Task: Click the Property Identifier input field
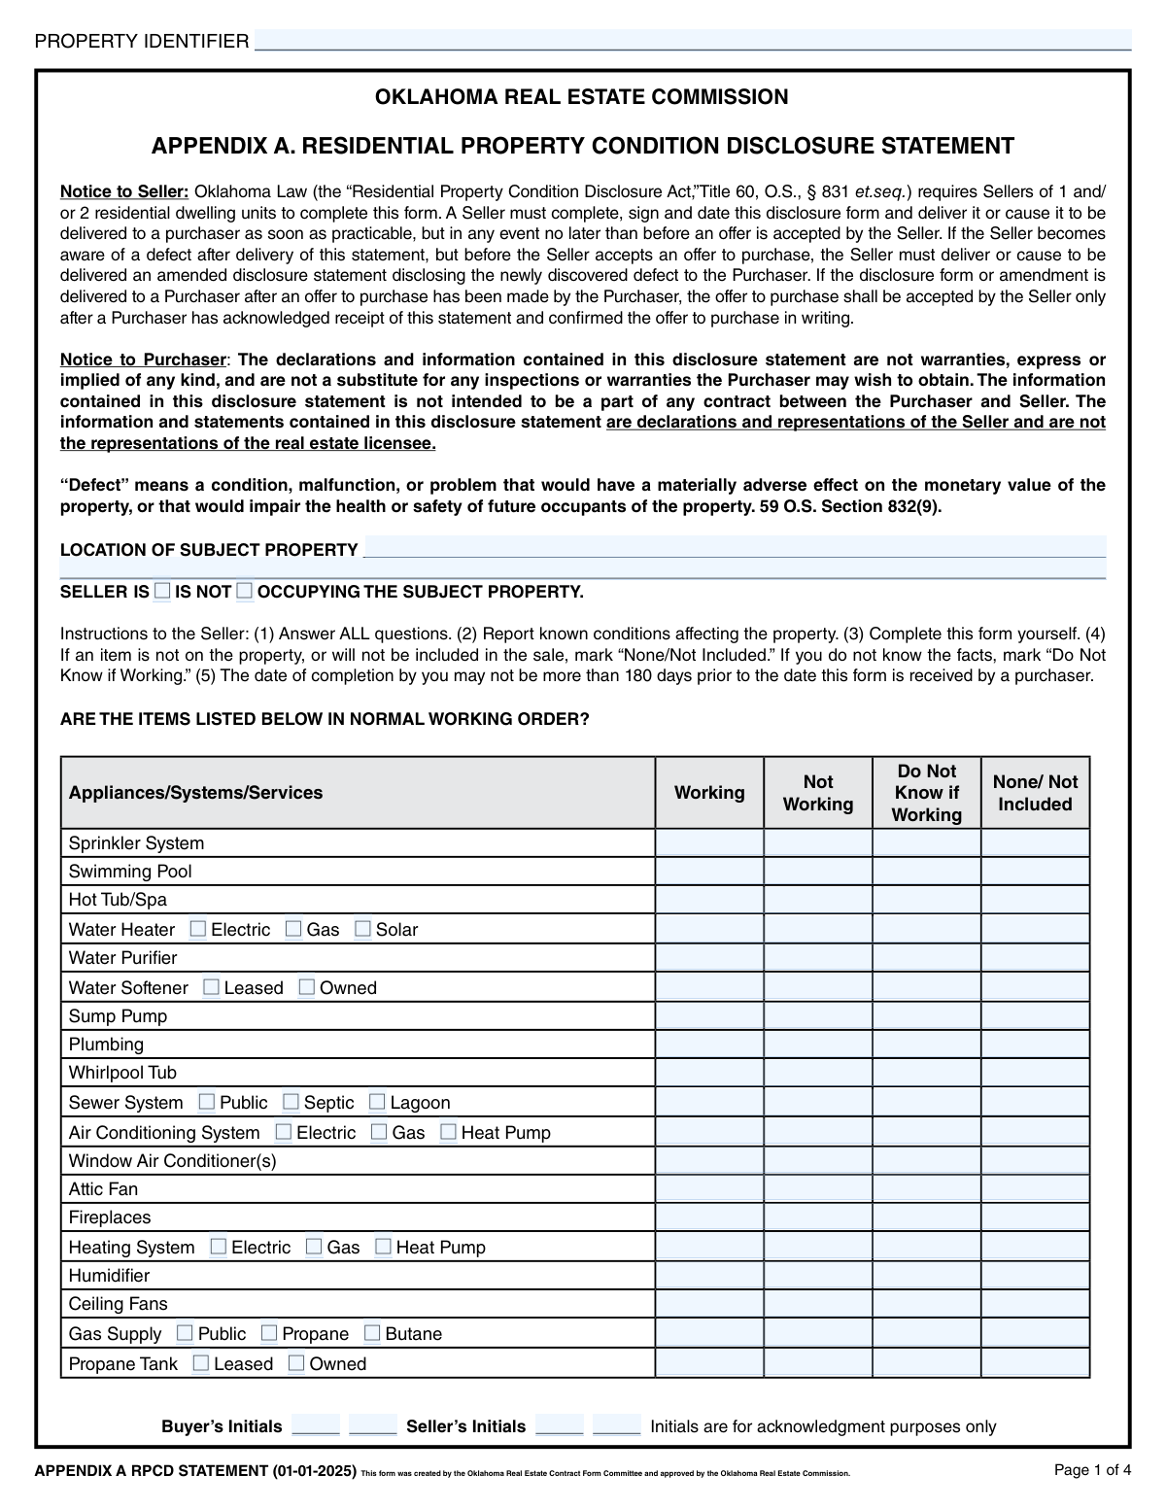click(x=692, y=41)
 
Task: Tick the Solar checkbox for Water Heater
click(x=362, y=929)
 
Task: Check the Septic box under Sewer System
click(x=291, y=1102)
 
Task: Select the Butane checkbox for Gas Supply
click(x=372, y=1333)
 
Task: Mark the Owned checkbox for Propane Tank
click(x=296, y=1363)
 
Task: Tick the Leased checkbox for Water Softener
click(x=211, y=987)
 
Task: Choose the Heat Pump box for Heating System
click(x=383, y=1247)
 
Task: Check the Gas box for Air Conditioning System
click(x=379, y=1132)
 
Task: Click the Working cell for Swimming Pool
click(x=709, y=872)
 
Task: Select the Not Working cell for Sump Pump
click(x=818, y=1016)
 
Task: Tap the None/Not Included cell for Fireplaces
click(x=1035, y=1217)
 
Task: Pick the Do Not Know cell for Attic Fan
click(x=926, y=1189)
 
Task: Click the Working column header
click(x=709, y=793)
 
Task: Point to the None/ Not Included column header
click(x=1035, y=793)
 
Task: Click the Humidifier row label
click(x=109, y=1276)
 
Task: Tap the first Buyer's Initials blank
click(x=316, y=1425)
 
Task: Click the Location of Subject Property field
click(x=734, y=548)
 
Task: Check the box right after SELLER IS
click(x=162, y=591)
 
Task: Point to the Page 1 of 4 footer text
click(x=1092, y=1470)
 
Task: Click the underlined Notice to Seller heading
click(x=124, y=191)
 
